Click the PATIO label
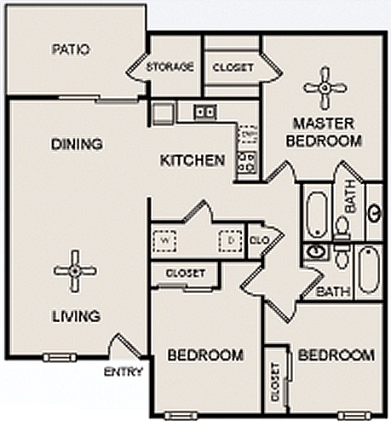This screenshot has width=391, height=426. (71, 49)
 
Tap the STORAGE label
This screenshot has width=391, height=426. (170, 66)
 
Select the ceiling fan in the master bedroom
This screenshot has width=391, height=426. (325, 89)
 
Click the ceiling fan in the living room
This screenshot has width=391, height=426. (75, 271)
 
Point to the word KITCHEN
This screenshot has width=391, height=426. (193, 160)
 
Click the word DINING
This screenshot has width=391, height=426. (77, 144)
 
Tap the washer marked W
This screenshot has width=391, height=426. (164, 241)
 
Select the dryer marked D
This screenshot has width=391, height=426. (231, 241)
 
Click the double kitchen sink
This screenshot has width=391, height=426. (205, 112)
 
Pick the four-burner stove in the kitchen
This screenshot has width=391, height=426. (246, 163)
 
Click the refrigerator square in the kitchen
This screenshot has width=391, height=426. (163, 113)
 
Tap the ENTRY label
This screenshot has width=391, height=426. (124, 371)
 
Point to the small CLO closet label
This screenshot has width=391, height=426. (260, 240)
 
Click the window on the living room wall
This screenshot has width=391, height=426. (60, 357)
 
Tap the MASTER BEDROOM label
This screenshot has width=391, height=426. (324, 132)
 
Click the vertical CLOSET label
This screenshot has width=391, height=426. (275, 383)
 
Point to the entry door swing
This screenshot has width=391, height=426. (125, 345)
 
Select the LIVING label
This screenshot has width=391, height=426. (77, 316)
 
